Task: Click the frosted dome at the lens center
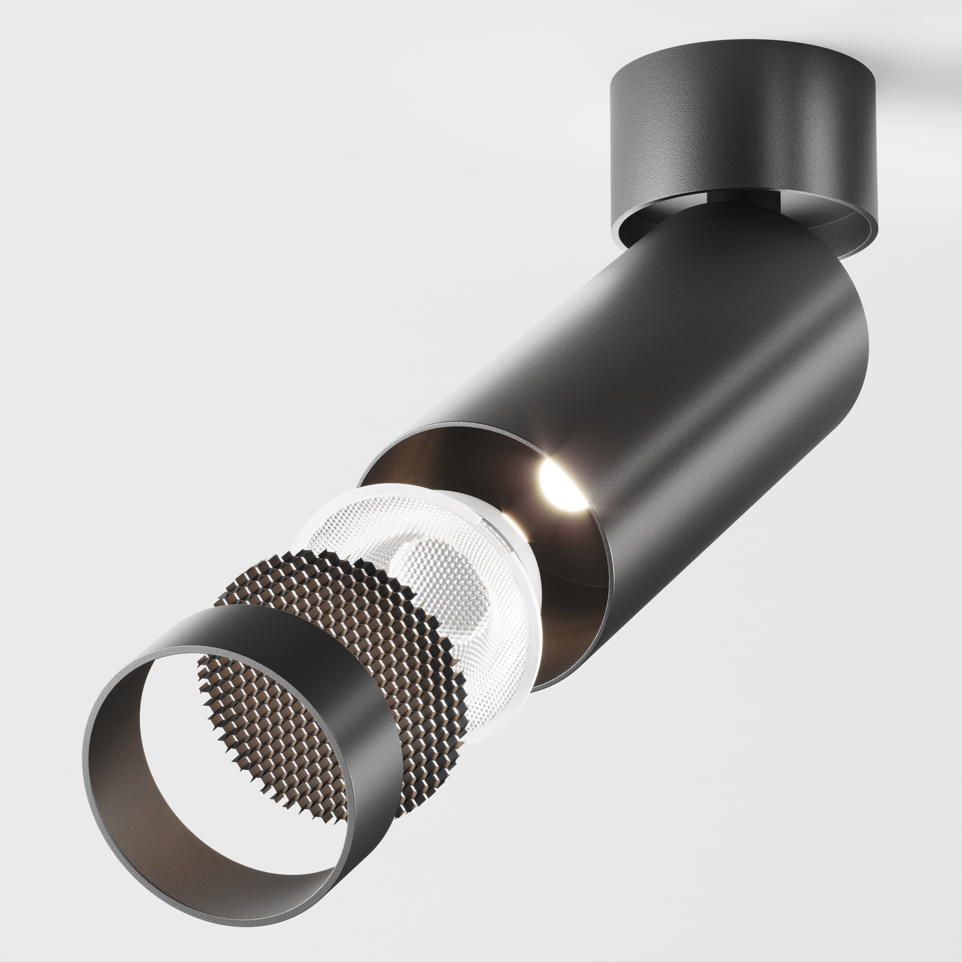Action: pyautogui.click(x=438, y=578)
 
